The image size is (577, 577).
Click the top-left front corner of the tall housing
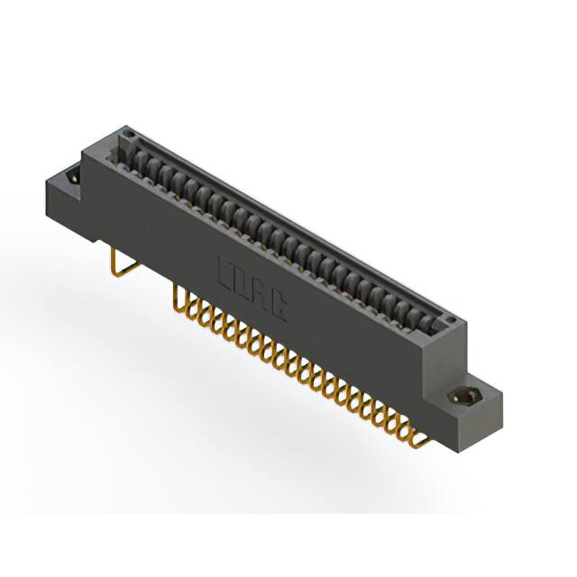84,153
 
